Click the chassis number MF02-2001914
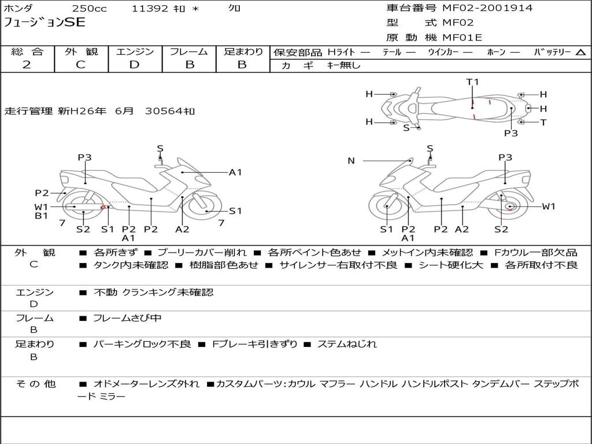click(487, 8)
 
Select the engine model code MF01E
click(462, 38)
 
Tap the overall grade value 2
click(27, 65)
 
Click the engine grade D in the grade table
click(134, 65)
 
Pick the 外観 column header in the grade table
click(81, 51)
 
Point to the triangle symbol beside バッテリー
click(581, 53)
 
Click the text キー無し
click(344, 65)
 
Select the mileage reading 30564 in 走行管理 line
click(164, 111)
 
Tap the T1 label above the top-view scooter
click(472, 82)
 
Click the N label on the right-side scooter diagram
click(351, 161)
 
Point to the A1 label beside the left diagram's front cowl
click(235, 172)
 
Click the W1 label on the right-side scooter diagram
click(549, 206)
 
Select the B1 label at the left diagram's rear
click(41, 216)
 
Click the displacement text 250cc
click(90, 8)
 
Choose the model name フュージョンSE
click(44, 23)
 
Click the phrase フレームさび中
click(127, 319)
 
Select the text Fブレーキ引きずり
click(254, 345)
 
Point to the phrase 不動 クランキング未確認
click(153, 293)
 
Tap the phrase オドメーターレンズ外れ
click(146, 384)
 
